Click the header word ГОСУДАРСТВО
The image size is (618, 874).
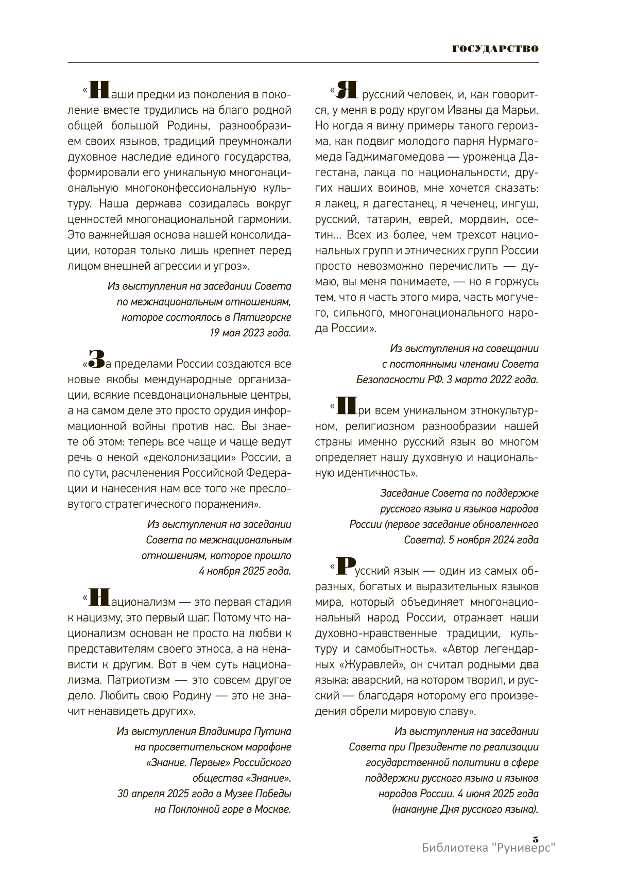coord(495,49)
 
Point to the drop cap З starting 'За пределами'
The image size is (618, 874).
coord(96,358)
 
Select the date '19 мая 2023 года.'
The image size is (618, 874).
coord(250,333)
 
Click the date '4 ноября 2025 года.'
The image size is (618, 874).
coord(245,571)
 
